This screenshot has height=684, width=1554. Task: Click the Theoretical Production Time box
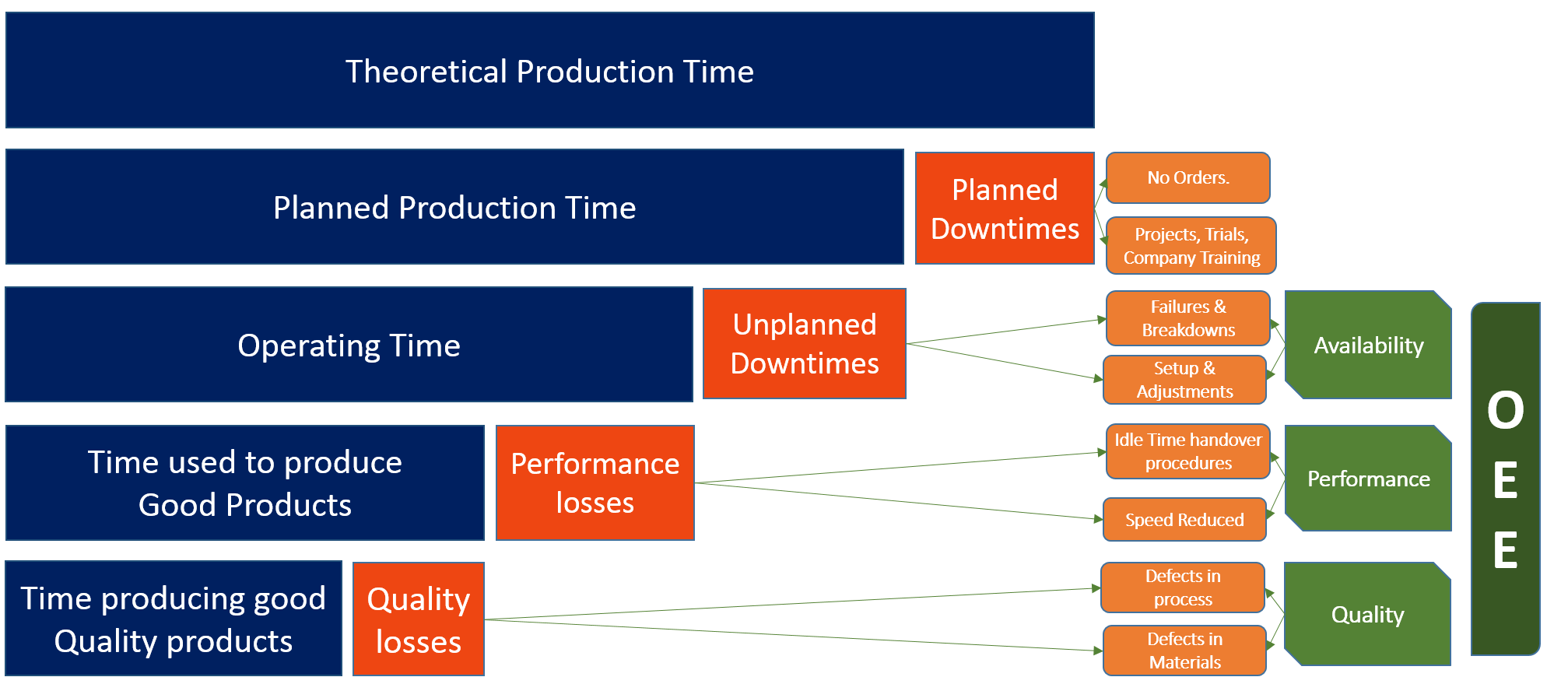[x=549, y=71]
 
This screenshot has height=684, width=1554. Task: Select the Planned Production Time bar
[x=454, y=208]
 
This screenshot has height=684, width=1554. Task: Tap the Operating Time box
[x=349, y=345]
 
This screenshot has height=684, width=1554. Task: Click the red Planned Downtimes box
[x=1005, y=209]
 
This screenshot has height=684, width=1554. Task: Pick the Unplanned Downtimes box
[x=805, y=344]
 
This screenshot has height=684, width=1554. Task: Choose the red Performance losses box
[x=595, y=482]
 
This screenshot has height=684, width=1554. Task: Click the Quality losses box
[x=419, y=619]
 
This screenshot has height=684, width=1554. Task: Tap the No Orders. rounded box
[x=1187, y=178]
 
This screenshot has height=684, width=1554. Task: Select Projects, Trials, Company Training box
[x=1191, y=246]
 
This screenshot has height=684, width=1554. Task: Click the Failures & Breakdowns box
[x=1187, y=318]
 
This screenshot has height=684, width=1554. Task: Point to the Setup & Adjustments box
[x=1184, y=380]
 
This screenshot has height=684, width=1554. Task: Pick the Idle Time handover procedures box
[x=1187, y=451]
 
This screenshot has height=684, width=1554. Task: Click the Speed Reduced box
[x=1184, y=520]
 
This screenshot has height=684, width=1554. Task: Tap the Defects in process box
[x=1183, y=588]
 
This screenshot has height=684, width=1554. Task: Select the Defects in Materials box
[x=1184, y=651]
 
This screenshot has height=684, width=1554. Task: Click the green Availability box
[x=1368, y=346]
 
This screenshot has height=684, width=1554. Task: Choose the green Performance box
[x=1368, y=479]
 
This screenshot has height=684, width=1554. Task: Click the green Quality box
[x=1367, y=615]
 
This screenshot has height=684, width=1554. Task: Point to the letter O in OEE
[x=1505, y=411]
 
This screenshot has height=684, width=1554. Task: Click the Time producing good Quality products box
[x=174, y=619]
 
